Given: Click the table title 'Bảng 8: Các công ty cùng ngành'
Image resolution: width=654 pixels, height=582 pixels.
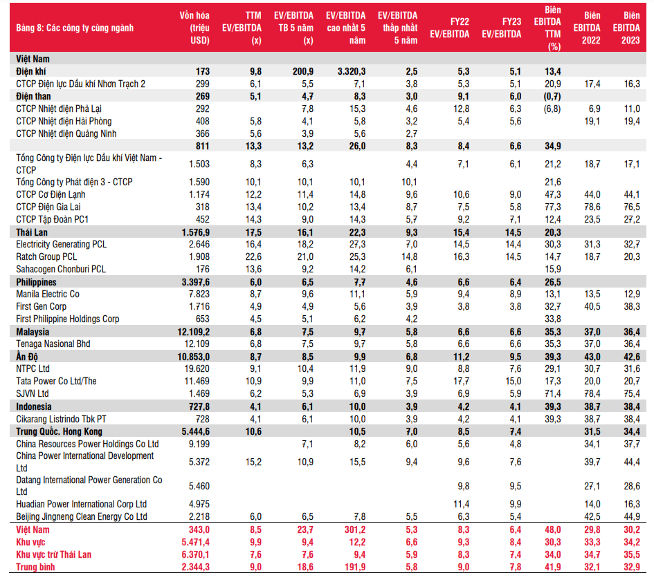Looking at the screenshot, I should coord(75,28).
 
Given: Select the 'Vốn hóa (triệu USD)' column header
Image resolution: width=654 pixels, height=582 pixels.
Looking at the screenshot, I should coord(194,28).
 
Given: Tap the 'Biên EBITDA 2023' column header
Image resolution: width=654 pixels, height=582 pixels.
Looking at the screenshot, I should coord(631,28).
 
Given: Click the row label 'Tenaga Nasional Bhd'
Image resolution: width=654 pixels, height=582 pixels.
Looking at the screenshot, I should coord(53,344).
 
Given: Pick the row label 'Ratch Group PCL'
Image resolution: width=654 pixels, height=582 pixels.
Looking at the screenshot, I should coord(47,256).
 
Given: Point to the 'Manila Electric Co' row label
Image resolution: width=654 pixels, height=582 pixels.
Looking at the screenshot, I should coord(48,294).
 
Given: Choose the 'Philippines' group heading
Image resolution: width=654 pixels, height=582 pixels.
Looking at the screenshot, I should coord(37,282).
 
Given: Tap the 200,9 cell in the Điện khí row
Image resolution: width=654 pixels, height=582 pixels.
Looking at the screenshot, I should coord(302,71).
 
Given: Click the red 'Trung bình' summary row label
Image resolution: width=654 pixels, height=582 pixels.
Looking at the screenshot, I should coord(36,567).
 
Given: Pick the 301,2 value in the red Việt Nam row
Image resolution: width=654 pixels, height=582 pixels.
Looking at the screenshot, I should coord(353,529).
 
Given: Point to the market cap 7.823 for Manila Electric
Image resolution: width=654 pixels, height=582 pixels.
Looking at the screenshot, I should coord(198,294).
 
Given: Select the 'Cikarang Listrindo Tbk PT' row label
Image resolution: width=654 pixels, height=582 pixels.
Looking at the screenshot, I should coord(62,419).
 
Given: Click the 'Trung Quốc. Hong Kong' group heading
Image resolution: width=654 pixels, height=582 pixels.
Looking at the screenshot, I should coord(60,431).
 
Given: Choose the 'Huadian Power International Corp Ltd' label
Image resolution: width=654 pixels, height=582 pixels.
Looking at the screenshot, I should coord(82,504).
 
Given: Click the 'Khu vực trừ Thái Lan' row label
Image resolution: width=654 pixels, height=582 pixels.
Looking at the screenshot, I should coord(53,554).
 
